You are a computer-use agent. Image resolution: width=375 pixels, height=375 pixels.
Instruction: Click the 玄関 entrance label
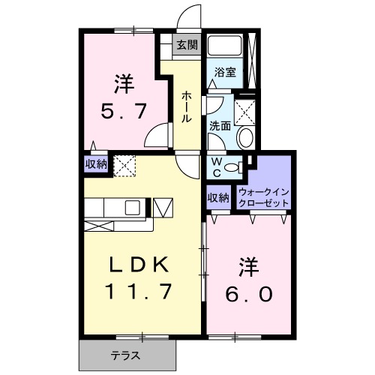[187, 45]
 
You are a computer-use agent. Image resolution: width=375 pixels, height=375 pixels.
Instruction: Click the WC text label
[216, 166]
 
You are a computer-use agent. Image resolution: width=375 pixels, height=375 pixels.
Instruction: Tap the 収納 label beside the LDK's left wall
[94, 163]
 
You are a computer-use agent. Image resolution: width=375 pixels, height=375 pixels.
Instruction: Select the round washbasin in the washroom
[245, 138]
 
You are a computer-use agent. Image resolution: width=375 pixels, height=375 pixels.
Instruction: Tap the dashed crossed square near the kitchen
[123, 163]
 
